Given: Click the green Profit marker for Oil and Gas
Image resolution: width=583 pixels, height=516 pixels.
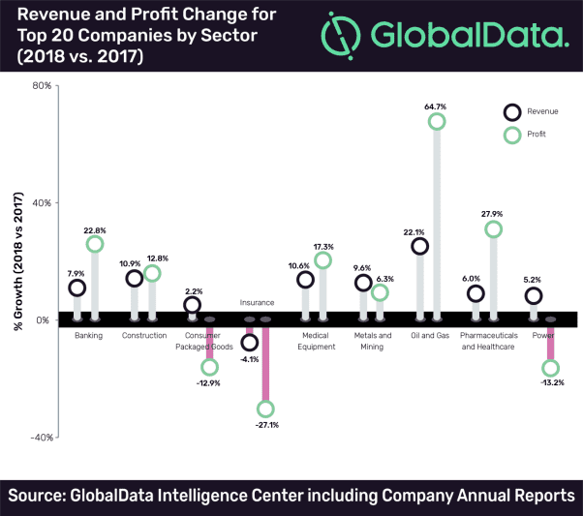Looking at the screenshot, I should pyautogui.click(x=437, y=121).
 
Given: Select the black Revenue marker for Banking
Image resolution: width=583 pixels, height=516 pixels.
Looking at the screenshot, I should pyautogui.click(x=77, y=288).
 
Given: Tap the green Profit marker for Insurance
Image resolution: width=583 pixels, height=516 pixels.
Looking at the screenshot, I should pyautogui.click(x=265, y=409).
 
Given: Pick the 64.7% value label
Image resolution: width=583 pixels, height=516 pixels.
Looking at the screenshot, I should pyautogui.click(x=436, y=93).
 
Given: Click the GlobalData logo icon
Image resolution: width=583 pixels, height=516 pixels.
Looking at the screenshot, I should pyautogui.click(x=346, y=36).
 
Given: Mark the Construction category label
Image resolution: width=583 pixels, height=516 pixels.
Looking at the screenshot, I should pyautogui.click(x=144, y=335).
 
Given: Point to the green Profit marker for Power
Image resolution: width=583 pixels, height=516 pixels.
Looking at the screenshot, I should pyautogui.click(x=551, y=368).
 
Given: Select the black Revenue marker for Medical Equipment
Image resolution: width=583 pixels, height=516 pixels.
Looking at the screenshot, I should pyautogui.click(x=305, y=280).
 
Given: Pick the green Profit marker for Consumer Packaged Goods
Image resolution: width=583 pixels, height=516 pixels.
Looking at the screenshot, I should pyautogui.click(x=209, y=367).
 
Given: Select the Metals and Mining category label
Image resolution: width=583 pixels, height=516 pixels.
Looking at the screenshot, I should pyautogui.click(x=372, y=341).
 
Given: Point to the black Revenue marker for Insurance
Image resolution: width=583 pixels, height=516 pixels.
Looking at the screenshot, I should pyautogui.click(x=249, y=342).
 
